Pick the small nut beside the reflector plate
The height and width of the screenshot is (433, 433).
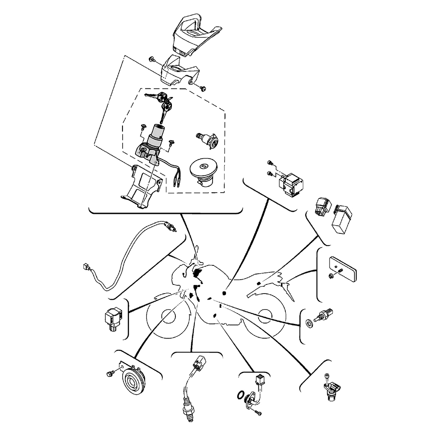coord(331,275)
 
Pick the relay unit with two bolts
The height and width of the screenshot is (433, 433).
coord(291,183)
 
